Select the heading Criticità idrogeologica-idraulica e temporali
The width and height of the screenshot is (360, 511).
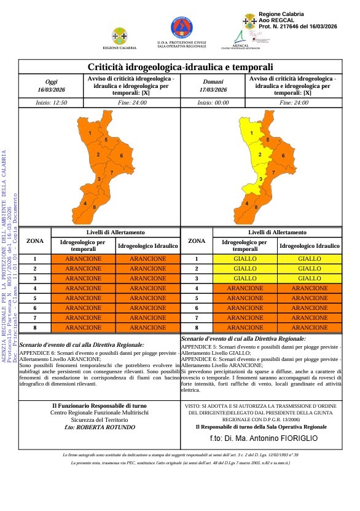pos(180,67)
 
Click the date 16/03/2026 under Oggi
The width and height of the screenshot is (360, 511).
pos(51,90)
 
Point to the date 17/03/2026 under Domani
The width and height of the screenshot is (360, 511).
pos(214,90)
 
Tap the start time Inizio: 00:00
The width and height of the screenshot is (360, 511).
pos(213,103)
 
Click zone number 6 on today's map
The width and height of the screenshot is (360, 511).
pos(121,156)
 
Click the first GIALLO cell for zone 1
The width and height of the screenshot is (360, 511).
pos(245,259)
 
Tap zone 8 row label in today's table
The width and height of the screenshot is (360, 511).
pos(35,328)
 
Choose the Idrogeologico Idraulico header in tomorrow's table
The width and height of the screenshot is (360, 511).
pos(310,246)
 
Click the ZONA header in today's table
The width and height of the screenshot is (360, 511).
pos(35,241)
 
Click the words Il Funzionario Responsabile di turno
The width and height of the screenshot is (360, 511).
pos(99,406)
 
